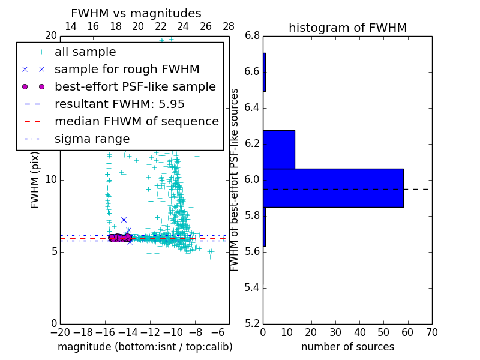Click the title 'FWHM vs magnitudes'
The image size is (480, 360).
pyautogui.click(x=136, y=13)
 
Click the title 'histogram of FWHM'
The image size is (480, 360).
pyautogui.click(x=347, y=28)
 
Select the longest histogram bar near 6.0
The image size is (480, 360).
pyautogui.click(x=333, y=188)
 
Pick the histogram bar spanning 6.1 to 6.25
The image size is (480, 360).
pyautogui.click(x=279, y=149)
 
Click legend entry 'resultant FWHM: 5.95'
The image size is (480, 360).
pyautogui.click(x=119, y=104)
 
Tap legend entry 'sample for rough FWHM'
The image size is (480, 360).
pyautogui.click(x=127, y=69)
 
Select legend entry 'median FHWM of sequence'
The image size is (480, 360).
pyautogui.click(x=136, y=121)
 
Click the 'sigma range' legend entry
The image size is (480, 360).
pyautogui.click(x=92, y=139)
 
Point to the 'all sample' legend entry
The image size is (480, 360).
pyautogui.click(x=85, y=52)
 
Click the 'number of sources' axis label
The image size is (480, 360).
pyautogui.click(x=347, y=347)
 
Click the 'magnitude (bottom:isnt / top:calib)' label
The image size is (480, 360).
pyautogui.click(x=145, y=347)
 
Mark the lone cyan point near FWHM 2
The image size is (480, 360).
pyautogui.click(x=182, y=292)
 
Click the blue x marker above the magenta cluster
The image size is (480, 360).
pyautogui.click(x=124, y=220)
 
